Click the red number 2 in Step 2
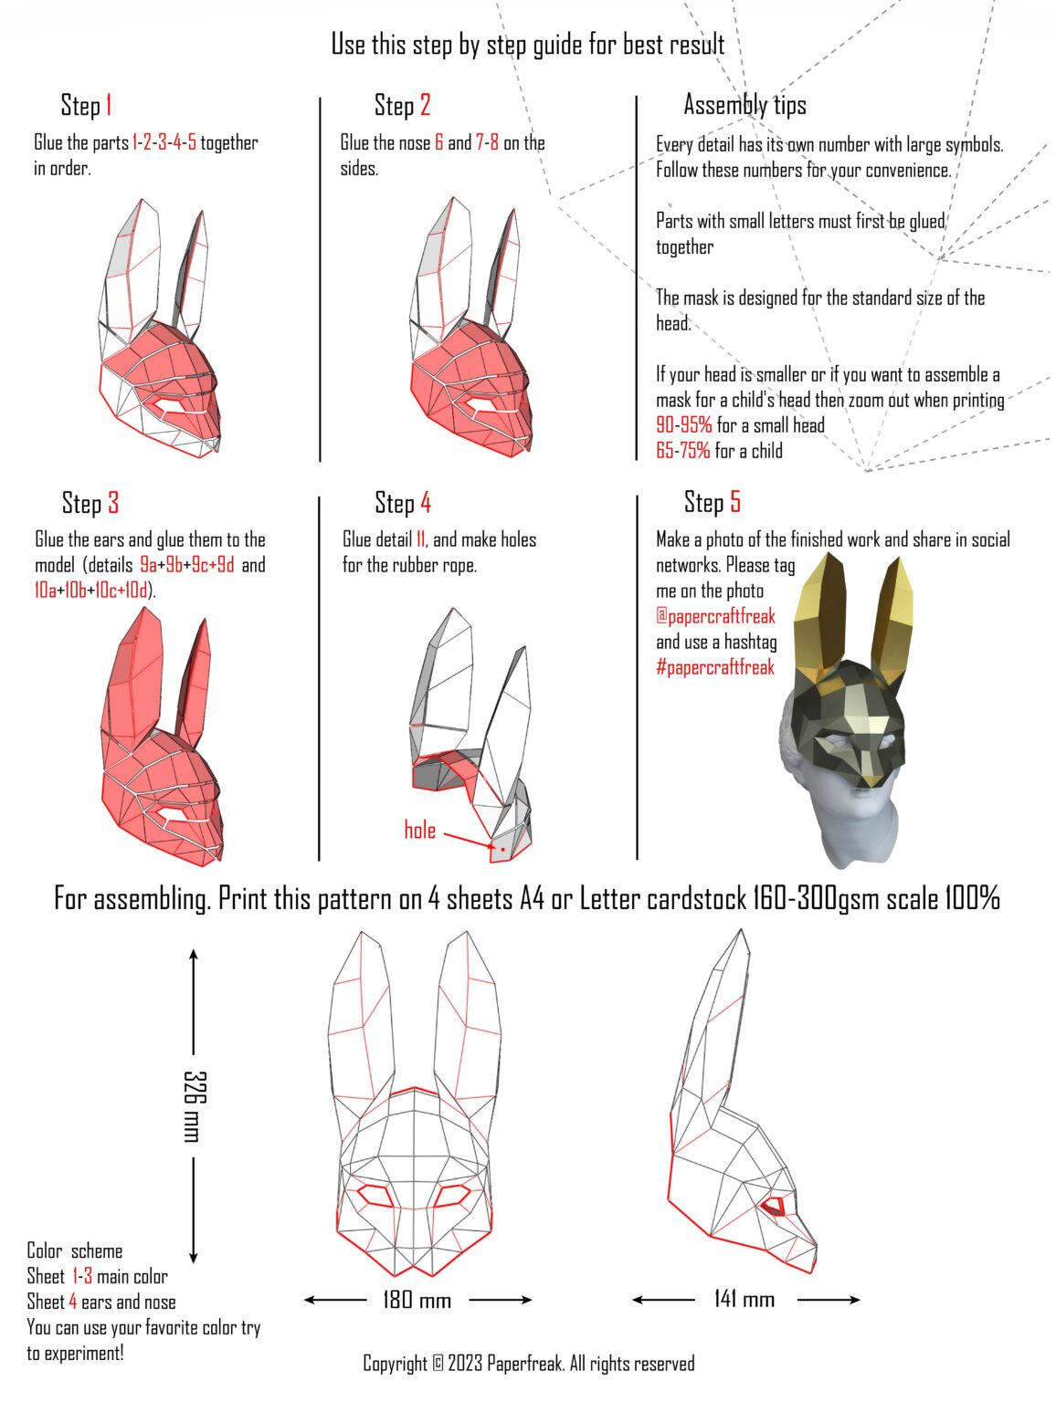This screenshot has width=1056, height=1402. (425, 105)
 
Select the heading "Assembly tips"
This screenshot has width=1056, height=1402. (744, 105)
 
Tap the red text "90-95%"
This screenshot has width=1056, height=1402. (683, 424)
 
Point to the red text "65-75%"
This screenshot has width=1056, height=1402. (682, 450)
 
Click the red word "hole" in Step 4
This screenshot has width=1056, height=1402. (419, 830)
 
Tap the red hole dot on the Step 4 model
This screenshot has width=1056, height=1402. (502, 849)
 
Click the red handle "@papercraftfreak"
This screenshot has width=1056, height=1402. (715, 616)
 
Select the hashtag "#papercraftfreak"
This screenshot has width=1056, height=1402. (714, 667)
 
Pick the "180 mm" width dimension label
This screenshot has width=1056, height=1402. (417, 1299)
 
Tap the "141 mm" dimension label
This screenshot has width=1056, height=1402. (744, 1299)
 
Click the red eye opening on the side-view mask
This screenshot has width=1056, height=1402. (775, 1206)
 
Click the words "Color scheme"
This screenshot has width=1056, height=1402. (74, 1250)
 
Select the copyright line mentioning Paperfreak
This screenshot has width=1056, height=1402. (528, 1364)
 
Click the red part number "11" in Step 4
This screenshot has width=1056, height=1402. (420, 539)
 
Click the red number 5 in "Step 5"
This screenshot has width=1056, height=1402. (734, 502)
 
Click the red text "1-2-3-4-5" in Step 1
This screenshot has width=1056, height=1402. (164, 142)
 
